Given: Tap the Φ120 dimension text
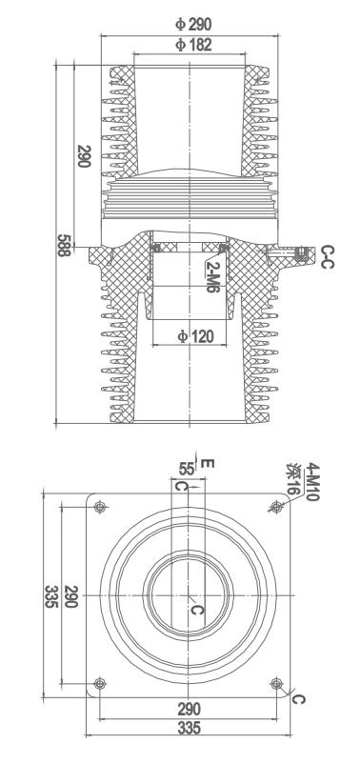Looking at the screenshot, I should pyautogui.click(x=194, y=336).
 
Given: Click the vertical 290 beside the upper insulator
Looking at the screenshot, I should pyautogui.click(x=85, y=156).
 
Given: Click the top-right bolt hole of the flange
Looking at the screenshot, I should pyautogui.click(x=276, y=506).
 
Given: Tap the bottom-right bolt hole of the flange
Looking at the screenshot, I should pyautogui.click(x=276, y=681).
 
